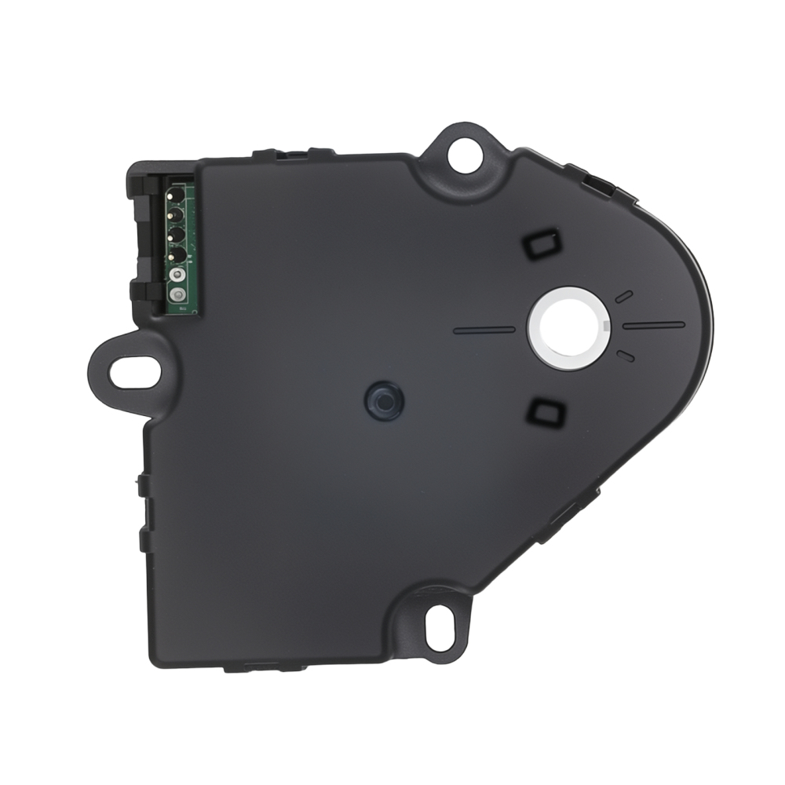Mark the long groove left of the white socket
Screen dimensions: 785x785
484,330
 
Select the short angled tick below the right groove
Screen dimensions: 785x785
626,356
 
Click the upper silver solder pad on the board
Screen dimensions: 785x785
178,276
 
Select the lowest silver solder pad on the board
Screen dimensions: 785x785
178,295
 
